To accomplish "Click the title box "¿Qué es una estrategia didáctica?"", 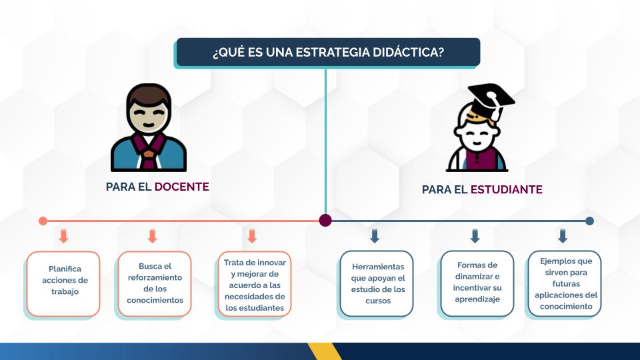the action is tap(328, 52).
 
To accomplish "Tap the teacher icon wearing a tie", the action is tap(149, 127).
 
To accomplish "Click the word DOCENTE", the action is tap(181, 187).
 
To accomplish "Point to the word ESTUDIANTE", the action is tap(506, 189).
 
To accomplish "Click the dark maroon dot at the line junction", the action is tap(325, 221).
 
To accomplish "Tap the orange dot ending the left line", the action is tap(43, 221).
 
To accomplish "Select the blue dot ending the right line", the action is tap(589, 221).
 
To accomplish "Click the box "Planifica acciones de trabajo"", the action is tap(63, 284).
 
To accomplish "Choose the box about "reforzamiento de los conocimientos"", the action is tap(155, 284).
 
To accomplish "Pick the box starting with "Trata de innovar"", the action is tap(255, 284).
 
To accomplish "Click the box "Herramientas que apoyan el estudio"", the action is tap(376, 284).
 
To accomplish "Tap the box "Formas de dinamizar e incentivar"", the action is tap(477, 284).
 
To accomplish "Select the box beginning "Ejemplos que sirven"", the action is tap(565, 284).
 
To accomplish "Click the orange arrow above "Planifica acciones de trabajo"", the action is tap(63, 236).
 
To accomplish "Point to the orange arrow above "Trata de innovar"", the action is tap(252, 236).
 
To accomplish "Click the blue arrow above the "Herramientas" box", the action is tap(375, 236).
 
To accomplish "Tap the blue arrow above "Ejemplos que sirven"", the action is tap(563, 236).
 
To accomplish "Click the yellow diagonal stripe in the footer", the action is tap(325, 351).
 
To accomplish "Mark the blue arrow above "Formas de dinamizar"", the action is tap(475, 236).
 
